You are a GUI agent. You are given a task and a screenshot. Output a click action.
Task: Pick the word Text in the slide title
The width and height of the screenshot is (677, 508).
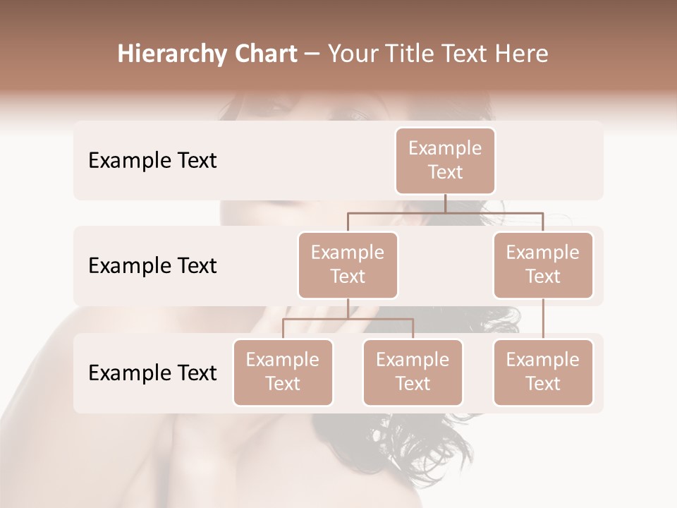point(465,54)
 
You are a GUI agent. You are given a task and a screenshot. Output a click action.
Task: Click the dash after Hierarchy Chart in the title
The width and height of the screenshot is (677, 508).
point(312,55)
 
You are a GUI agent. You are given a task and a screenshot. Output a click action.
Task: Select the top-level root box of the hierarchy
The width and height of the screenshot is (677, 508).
point(445,161)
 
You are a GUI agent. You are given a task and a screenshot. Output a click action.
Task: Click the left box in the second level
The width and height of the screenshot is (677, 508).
point(348,265)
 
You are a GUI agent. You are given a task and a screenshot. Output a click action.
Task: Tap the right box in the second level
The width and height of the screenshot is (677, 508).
point(543,265)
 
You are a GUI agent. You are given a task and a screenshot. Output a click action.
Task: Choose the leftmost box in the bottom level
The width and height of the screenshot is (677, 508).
point(283,373)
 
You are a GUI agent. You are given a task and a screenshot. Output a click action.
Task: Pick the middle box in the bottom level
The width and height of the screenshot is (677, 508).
point(413,373)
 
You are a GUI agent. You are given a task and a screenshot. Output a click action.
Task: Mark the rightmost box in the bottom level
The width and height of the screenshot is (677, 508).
point(543,373)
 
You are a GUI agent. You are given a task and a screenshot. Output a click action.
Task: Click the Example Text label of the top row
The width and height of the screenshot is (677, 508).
point(152,161)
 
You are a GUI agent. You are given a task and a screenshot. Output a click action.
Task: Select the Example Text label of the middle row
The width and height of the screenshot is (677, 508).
point(152,266)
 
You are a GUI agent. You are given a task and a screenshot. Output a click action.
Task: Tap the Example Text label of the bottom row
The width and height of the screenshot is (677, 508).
point(152,373)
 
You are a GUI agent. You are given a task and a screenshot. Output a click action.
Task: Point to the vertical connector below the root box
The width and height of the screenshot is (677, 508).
point(445,203)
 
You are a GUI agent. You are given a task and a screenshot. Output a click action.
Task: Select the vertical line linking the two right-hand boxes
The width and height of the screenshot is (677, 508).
point(543,319)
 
